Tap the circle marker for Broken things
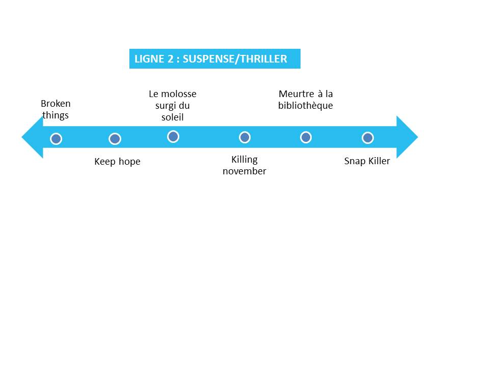57,139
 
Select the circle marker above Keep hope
115,139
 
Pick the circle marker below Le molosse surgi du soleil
173,136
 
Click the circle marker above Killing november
244,137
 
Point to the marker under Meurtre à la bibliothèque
306,137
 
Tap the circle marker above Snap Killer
368,138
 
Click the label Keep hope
117,162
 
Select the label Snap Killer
367,161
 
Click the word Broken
56,104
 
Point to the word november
244,171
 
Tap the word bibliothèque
305,106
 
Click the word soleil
172,117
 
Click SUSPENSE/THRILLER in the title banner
235,59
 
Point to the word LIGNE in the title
147,59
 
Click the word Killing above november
244,160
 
